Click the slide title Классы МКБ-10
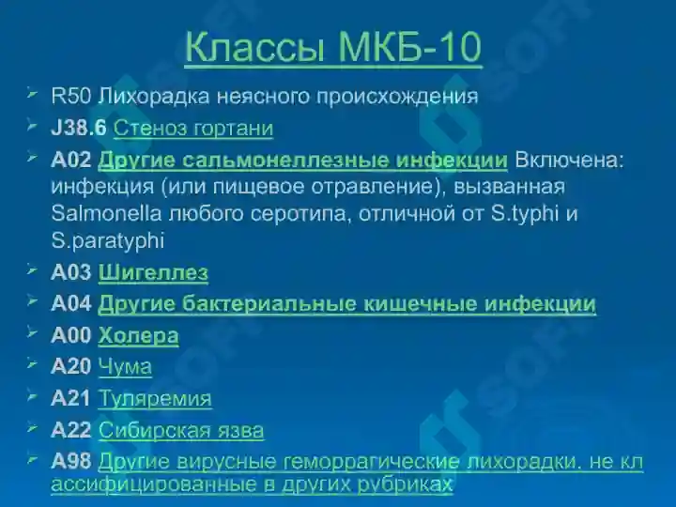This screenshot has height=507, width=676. pyautogui.click(x=333, y=48)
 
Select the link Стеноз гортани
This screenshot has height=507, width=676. pyautogui.click(x=193, y=128)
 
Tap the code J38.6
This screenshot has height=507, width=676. pyautogui.click(x=79, y=128)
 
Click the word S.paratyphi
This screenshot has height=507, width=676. pyautogui.click(x=107, y=240)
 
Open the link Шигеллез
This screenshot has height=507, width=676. pyautogui.click(x=153, y=273)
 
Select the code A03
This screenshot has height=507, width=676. pyautogui.click(x=71, y=273)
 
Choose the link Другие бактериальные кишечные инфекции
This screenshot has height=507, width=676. pyautogui.click(x=346, y=304)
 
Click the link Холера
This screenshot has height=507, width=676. pyautogui.click(x=138, y=335)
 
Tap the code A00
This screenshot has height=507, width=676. pyautogui.click(x=71, y=335)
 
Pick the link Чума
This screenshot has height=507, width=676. pyautogui.click(x=125, y=367)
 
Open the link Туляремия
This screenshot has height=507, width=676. pyautogui.click(x=155, y=399)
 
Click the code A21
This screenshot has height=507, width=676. pyautogui.click(x=71, y=399)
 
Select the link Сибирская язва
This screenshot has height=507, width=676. pyautogui.click(x=181, y=431)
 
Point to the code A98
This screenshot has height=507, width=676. pyautogui.click(x=71, y=461)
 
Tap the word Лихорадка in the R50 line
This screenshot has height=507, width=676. pyautogui.click(x=144, y=96)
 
